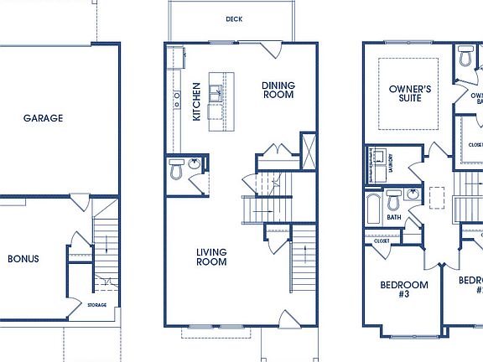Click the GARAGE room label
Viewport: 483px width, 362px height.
(43, 118)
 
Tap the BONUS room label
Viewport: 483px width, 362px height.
(23, 259)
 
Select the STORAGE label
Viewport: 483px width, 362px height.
(97, 305)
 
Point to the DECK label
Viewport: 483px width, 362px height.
(234, 19)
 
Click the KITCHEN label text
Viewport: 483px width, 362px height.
(196, 101)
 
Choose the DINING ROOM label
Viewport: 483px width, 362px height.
(278, 90)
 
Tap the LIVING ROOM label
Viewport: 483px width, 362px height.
(212, 256)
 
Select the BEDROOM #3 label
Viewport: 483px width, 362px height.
(404, 290)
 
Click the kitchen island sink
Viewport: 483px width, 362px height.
(216, 91)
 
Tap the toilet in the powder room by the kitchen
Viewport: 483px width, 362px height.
(176, 172)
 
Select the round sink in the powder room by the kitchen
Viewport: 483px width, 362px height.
(195, 164)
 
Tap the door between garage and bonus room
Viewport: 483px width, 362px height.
(80, 202)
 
